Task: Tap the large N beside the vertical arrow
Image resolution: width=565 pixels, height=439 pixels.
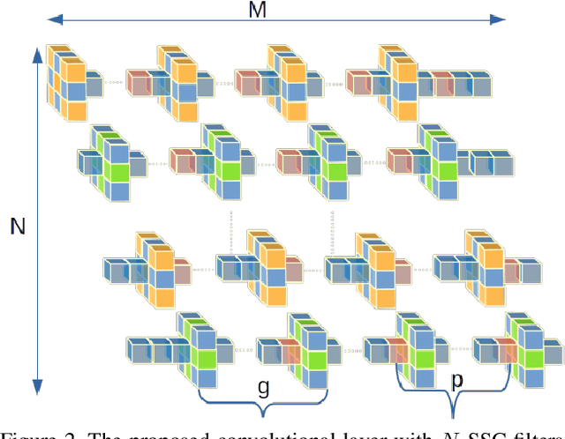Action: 17,227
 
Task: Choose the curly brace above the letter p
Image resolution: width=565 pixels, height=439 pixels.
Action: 453,402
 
